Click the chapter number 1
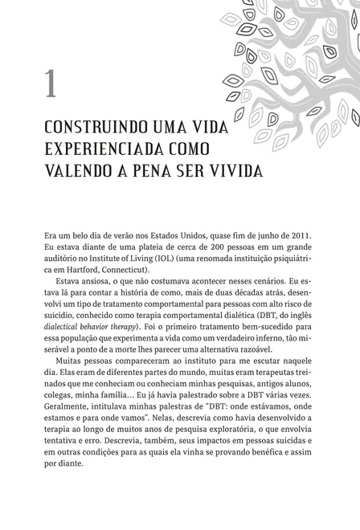point(50,84)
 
